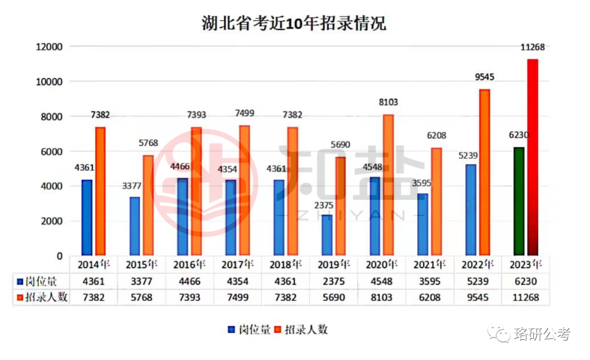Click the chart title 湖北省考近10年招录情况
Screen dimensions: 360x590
(x=294, y=25)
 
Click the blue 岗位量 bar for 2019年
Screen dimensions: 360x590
(x=327, y=235)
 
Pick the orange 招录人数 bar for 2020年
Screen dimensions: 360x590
(x=388, y=185)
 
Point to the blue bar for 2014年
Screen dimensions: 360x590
(x=87, y=218)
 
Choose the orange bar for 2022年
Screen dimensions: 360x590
(x=485, y=173)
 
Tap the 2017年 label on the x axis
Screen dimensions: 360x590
(x=237, y=265)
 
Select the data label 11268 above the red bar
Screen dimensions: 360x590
(x=532, y=48)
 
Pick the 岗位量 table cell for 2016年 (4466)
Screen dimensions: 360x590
(x=189, y=282)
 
